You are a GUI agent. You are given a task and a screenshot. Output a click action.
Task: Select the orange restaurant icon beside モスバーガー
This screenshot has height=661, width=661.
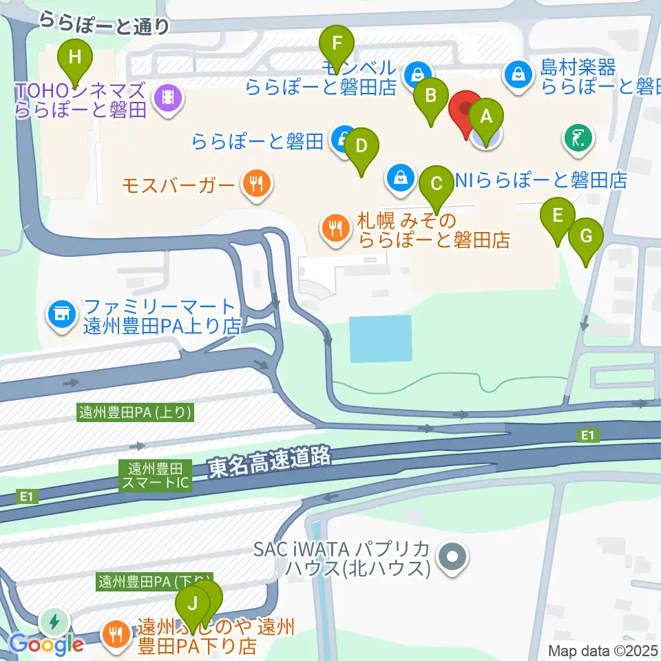coord(257,183)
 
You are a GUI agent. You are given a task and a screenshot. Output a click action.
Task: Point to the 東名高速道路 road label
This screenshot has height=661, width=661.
coord(271,466)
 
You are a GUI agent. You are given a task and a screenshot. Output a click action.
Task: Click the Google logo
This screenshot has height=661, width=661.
coord(46,644)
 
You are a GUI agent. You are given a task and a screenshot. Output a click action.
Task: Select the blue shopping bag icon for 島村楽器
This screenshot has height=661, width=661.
coord(517,72)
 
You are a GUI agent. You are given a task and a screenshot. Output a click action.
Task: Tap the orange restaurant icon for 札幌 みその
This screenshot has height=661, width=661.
coord(336,229)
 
